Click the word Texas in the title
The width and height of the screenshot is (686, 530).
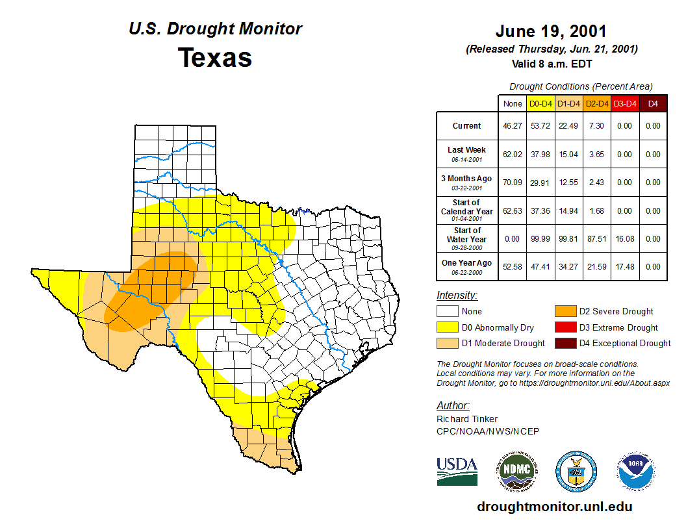point(215,58)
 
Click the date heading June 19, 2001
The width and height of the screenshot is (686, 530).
point(551,31)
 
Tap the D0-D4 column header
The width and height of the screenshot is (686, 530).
point(540,103)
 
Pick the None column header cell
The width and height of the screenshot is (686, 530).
point(513,103)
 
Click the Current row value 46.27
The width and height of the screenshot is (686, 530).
point(513,126)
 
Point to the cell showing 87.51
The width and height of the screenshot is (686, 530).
point(596,239)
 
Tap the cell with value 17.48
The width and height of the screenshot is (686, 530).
point(624,267)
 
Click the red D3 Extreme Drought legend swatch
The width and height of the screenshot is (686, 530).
point(564,327)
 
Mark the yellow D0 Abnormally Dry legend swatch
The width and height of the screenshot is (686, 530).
point(447,327)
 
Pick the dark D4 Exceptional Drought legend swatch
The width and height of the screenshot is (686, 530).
point(564,343)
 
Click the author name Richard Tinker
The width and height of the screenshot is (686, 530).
point(467,419)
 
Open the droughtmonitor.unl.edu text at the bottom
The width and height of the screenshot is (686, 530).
point(554,507)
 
